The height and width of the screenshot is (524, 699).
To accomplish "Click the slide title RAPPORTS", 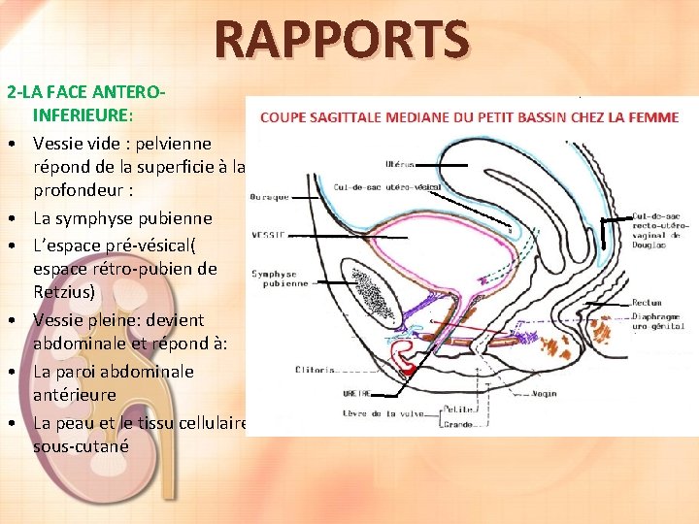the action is point(342,41).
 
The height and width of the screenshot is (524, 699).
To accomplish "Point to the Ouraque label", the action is point(269,197).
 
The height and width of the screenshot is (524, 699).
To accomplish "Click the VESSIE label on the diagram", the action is point(268,235).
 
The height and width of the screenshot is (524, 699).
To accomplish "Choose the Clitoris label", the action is point(316,370).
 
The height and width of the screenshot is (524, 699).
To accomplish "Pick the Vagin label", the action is point(544,394).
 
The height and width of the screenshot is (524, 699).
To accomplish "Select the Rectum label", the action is point(647,304).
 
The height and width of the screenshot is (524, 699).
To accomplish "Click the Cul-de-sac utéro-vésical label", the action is point(386,187).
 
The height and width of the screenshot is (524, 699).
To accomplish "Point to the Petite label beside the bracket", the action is point(457,410).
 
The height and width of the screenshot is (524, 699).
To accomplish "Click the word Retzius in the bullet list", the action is point(64,293).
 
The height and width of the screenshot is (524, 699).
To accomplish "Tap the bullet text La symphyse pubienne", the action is point(122,217).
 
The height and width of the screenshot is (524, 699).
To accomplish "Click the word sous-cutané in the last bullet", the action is point(80,446).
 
